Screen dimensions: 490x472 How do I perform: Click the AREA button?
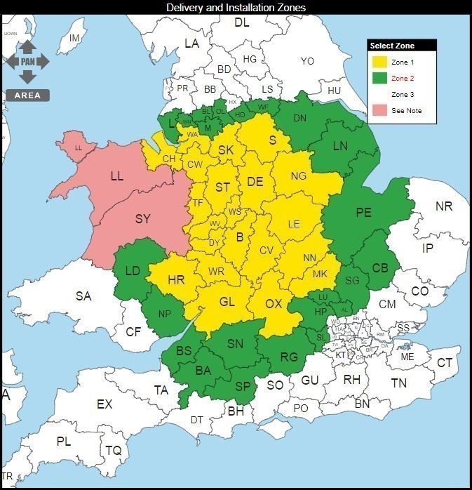coord(27,95)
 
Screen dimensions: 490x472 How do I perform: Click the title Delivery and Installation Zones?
coord(236,7)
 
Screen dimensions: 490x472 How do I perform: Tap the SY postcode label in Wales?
coord(142,219)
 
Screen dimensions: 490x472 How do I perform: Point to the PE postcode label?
coord(363,213)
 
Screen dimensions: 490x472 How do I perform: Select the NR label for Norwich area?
coord(444,206)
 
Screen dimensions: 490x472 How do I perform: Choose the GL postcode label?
coord(227,302)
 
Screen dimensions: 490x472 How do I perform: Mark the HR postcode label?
coord(176,280)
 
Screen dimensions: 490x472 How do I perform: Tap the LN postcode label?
coord(340,146)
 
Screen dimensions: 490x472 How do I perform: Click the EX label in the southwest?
coord(104,404)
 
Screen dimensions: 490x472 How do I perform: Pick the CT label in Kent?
coord(445,362)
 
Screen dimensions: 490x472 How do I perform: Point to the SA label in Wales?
coord(83,296)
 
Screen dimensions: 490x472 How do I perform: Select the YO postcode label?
coord(307,61)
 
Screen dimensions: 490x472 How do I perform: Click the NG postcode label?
coord(299,176)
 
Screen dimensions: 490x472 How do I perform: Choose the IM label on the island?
coord(74,37)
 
